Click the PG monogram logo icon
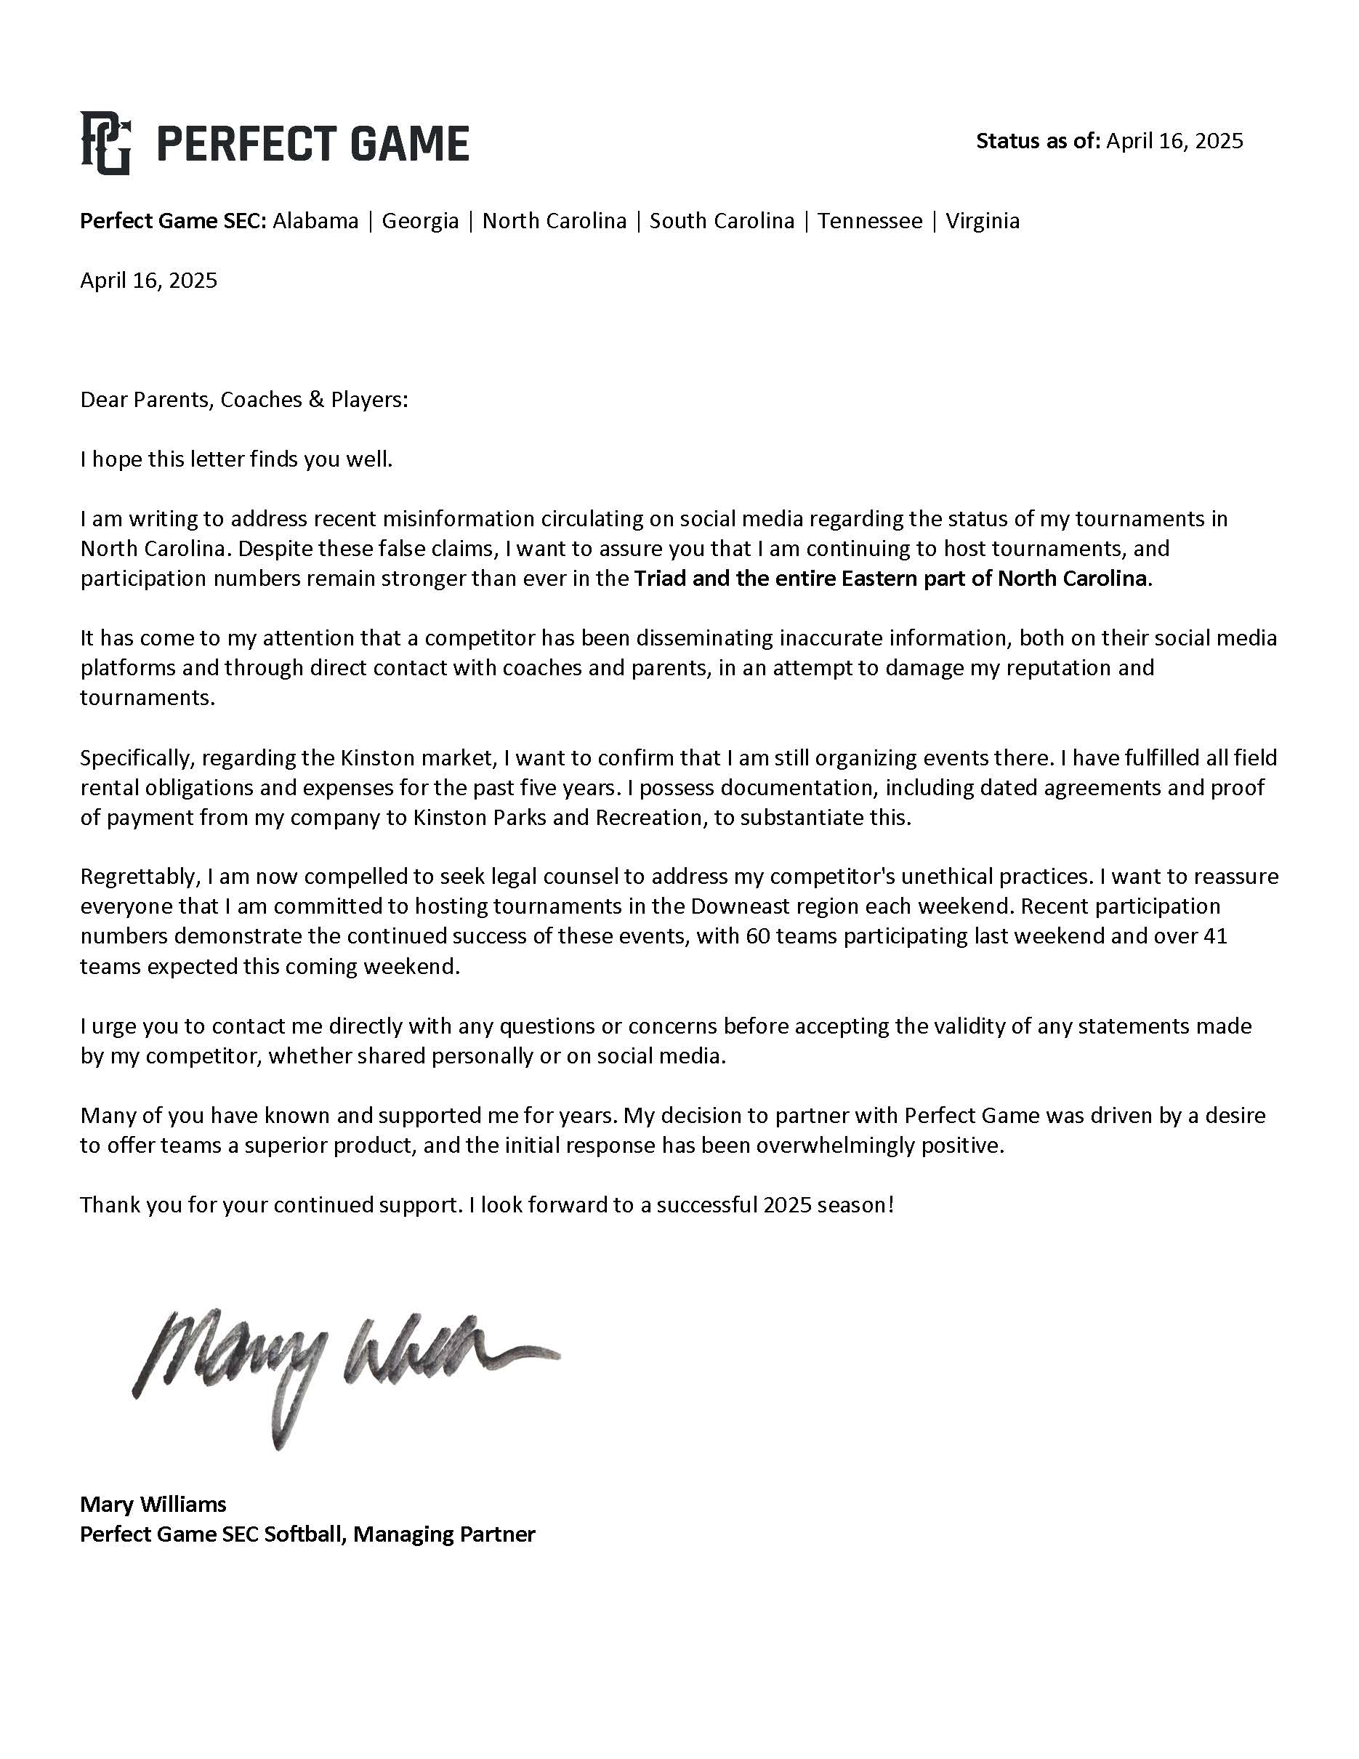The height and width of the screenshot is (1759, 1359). [x=105, y=143]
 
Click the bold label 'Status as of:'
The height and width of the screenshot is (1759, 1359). [x=1038, y=141]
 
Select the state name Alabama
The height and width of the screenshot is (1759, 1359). [x=315, y=221]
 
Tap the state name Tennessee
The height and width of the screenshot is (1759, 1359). [x=871, y=221]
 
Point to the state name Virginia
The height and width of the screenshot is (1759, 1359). [x=983, y=221]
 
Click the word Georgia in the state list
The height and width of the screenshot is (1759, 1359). [x=420, y=221]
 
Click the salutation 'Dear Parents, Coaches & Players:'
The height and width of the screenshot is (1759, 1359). [x=244, y=400]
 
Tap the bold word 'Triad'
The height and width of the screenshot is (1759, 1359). [x=659, y=579]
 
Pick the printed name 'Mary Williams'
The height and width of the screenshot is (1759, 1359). [x=153, y=1505]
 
